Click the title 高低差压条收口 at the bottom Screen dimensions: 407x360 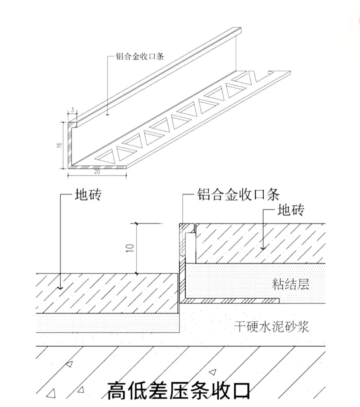point(179,390)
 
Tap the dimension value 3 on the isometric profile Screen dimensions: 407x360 point(72,110)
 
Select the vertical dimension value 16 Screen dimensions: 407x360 point(59,145)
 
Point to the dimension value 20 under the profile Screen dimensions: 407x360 point(97,172)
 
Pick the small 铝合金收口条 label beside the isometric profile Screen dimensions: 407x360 point(140,56)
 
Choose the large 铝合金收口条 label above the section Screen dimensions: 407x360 point(238,194)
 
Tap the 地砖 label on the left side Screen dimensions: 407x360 point(88,195)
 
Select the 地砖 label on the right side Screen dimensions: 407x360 point(291,210)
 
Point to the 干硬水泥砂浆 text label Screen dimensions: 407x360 point(271,326)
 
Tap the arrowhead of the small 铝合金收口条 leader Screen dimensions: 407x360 point(108,115)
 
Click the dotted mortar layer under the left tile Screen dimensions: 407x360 point(107,323)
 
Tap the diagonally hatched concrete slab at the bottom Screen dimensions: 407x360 point(180,366)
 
